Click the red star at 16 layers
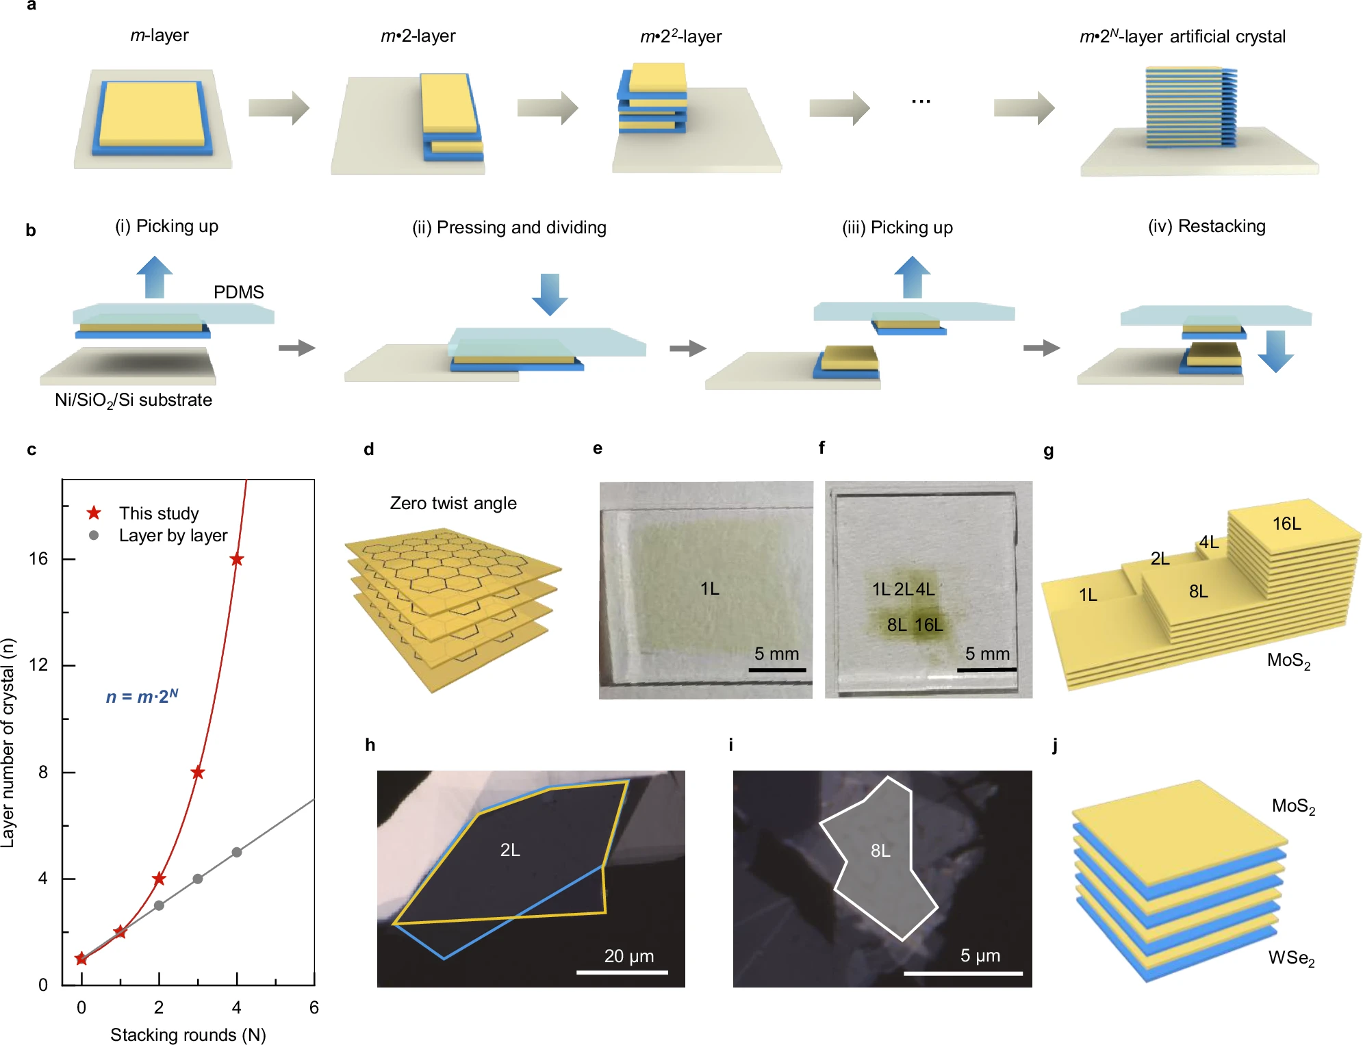click(237, 560)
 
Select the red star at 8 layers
click(198, 773)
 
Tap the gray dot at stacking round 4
click(237, 852)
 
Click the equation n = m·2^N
click(142, 696)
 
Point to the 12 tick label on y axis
click(38, 665)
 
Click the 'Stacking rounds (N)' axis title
click(188, 1034)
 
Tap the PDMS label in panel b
click(238, 292)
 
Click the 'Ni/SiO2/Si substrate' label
click(133, 400)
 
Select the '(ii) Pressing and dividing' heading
click(509, 227)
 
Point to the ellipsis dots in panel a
click(921, 101)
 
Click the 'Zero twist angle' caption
click(453, 503)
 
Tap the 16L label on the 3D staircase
click(1286, 524)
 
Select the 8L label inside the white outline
click(880, 851)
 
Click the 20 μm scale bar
click(622, 972)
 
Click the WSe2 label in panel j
click(1291, 958)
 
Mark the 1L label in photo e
click(710, 589)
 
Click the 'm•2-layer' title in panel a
click(418, 36)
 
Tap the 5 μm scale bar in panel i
click(963, 972)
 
